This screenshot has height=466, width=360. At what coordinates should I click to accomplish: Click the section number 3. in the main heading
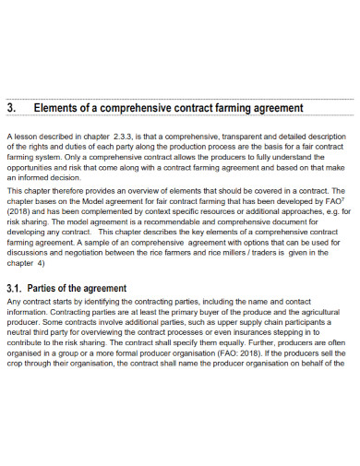pyautogui.click(x=12, y=109)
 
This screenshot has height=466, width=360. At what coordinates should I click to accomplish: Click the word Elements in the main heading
pyautogui.click(x=56, y=109)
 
